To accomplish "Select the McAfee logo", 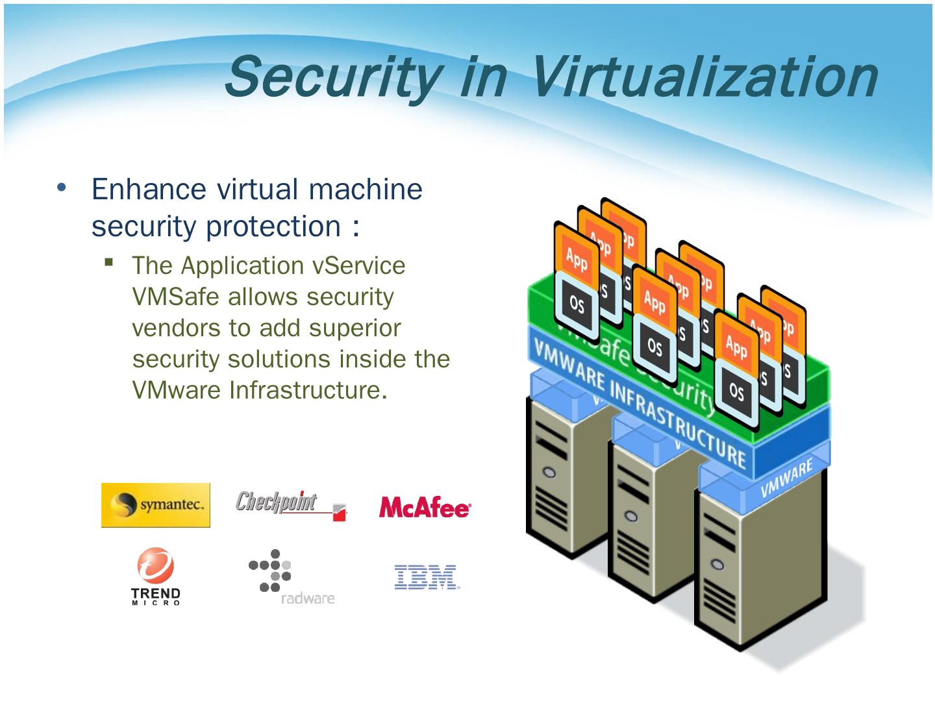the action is click(x=425, y=508).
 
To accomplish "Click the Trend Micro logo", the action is click(x=156, y=576).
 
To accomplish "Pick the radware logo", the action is click(x=290, y=577).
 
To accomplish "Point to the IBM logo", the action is click(x=427, y=577).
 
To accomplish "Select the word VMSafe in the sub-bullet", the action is click(x=175, y=297).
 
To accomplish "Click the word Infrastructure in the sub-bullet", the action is click(x=304, y=390).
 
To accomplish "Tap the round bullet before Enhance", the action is click(x=62, y=188).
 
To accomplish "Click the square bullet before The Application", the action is click(x=108, y=262).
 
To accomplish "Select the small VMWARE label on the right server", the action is click(x=787, y=479).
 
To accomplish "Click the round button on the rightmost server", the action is click(x=717, y=563).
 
